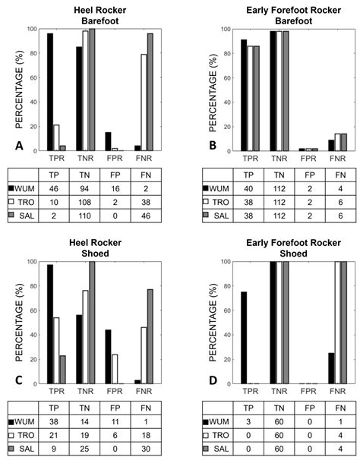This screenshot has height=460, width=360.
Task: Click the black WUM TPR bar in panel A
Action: tap(50, 91)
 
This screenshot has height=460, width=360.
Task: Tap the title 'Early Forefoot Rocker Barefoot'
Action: tap(283, 14)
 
